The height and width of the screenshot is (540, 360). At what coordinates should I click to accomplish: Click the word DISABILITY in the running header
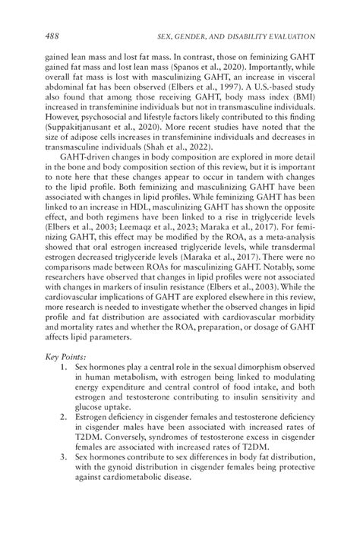click(251, 37)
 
